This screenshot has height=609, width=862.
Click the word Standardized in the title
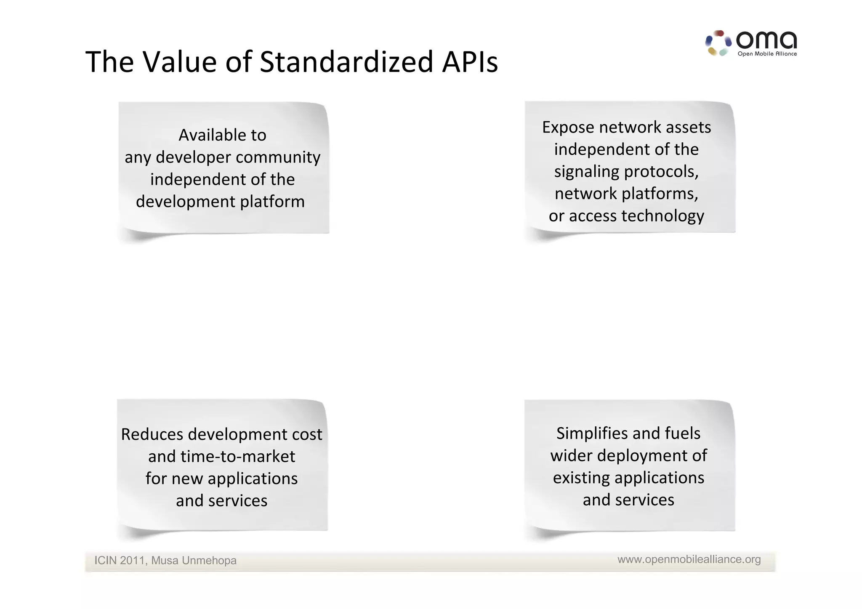pyautogui.click(x=346, y=62)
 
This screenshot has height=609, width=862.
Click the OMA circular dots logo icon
pyautogui.click(x=718, y=43)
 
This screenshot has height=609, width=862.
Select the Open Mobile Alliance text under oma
pyautogui.click(x=767, y=54)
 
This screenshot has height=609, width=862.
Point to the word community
pyautogui.click(x=278, y=157)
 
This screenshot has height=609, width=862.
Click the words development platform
pyautogui.click(x=220, y=202)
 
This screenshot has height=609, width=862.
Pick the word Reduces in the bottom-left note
pyautogui.click(x=152, y=434)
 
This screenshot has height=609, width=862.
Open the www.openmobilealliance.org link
pyautogui.click(x=689, y=559)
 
